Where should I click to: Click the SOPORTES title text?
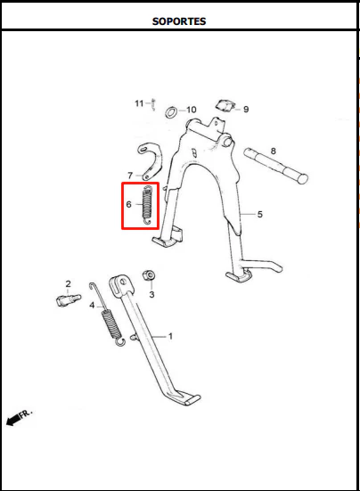[179, 21]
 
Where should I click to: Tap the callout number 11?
[139, 103]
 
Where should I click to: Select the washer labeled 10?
[171, 111]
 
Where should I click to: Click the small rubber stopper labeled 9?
[225, 105]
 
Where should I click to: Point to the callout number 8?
[274, 151]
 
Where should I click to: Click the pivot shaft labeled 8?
[275, 166]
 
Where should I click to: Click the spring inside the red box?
[147, 205]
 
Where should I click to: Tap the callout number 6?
[128, 204]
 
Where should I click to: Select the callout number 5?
[260, 215]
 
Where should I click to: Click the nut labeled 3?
[149, 275]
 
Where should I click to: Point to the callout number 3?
[151, 294]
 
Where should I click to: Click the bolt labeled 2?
[69, 300]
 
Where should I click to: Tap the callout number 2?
[69, 284]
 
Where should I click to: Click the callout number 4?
[92, 305]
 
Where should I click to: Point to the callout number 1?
[170, 336]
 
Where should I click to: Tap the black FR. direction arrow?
[12, 421]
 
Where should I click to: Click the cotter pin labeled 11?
[153, 104]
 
